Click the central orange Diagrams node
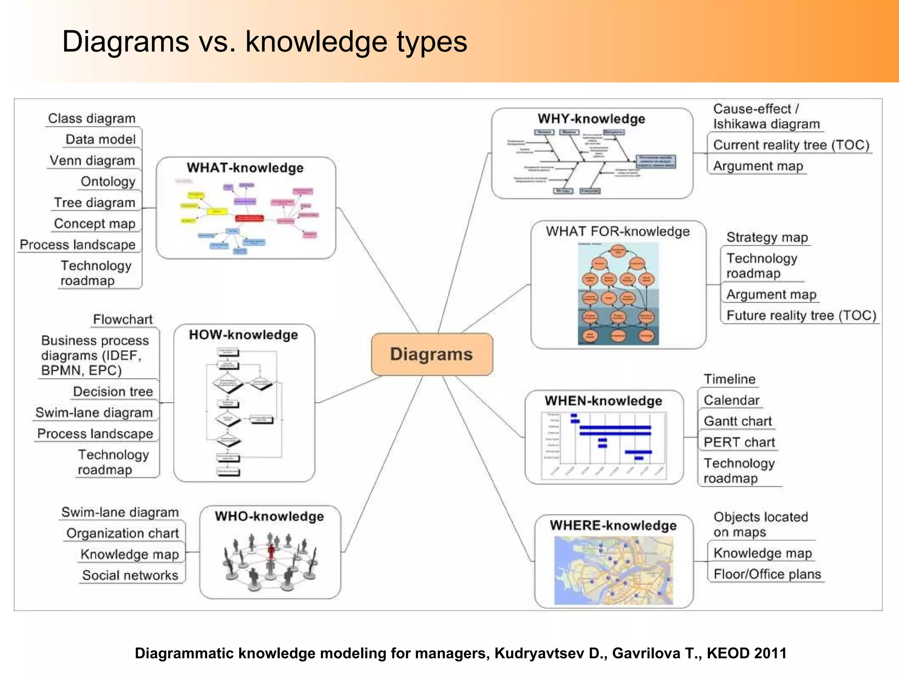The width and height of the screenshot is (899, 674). click(x=432, y=354)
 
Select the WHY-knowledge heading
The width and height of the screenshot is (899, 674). click(x=591, y=119)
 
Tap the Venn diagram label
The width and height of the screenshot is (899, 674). click(x=92, y=161)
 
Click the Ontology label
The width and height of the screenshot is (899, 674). click(x=108, y=182)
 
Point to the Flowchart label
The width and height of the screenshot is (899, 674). click(x=123, y=319)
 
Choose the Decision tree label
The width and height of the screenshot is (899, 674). click(x=113, y=391)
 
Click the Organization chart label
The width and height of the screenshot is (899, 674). click(x=122, y=533)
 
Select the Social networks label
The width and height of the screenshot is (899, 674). click(x=130, y=575)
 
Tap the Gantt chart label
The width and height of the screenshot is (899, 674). click(x=737, y=421)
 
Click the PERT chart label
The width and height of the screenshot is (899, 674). click(x=739, y=442)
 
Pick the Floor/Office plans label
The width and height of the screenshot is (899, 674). click(x=767, y=574)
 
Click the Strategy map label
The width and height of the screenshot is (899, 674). click(x=767, y=237)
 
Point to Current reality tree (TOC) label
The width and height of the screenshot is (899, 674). click(x=791, y=145)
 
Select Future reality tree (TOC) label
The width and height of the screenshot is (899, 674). click(x=801, y=315)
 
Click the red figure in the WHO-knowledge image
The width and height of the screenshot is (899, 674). click(x=271, y=551)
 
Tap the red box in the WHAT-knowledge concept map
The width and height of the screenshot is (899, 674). click(x=249, y=218)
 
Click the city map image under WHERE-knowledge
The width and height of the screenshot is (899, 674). click(x=613, y=570)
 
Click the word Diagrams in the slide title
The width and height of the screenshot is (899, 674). click(x=126, y=42)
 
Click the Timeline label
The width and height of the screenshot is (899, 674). click(x=730, y=379)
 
